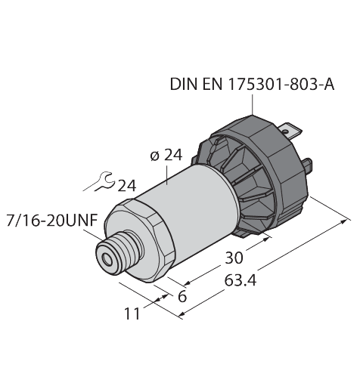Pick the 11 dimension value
132,313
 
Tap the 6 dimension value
181,295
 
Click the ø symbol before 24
154,156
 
